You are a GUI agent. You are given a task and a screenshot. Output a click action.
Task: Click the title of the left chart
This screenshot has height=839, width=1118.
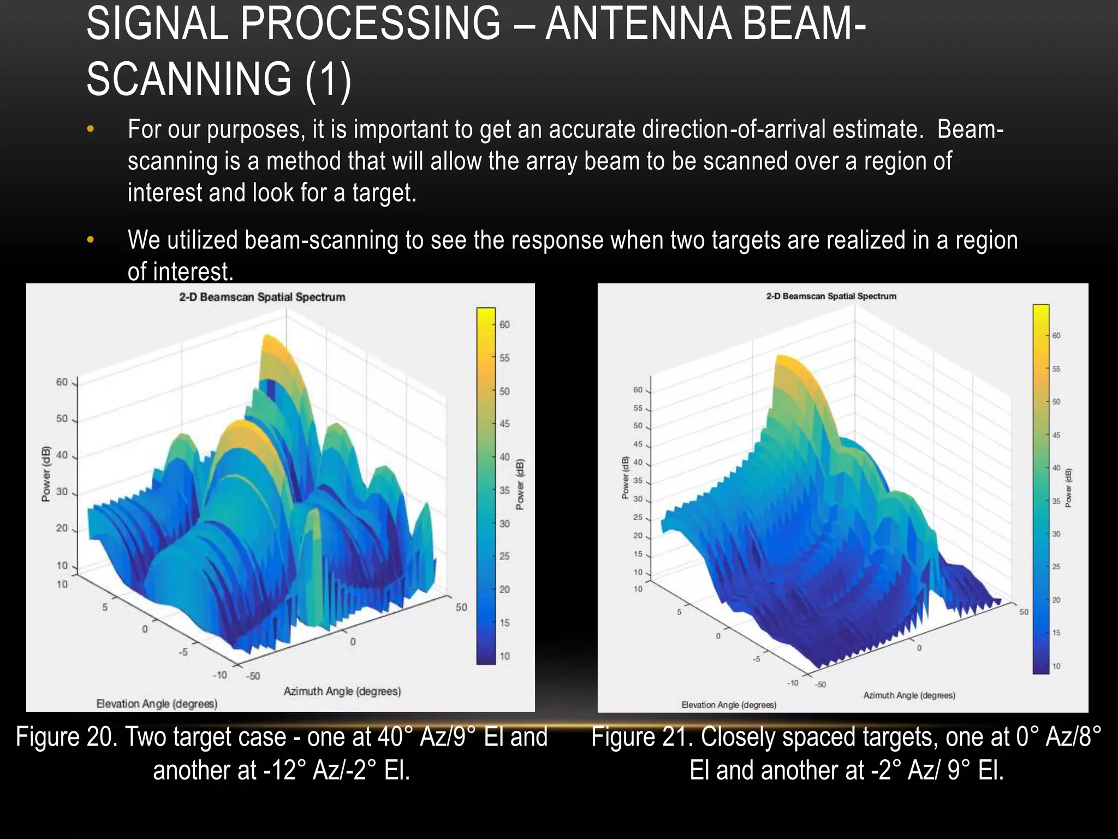click(262, 297)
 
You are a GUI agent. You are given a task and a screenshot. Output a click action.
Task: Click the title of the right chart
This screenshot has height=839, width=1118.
click(831, 296)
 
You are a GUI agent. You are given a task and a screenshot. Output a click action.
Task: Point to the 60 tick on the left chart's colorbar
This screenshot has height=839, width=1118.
click(504, 324)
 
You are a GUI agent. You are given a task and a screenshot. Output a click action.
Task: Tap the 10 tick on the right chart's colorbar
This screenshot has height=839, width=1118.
click(1056, 666)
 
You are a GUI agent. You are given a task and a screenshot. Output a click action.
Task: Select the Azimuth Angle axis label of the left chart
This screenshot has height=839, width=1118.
click(342, 691)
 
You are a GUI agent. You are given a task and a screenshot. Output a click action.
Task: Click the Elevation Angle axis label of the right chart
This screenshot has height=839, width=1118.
click(729, 705)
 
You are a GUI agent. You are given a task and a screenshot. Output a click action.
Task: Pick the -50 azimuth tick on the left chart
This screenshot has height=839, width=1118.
click(253, 676)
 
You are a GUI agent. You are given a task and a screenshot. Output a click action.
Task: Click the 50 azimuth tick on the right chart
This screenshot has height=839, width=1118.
click(1024, 612)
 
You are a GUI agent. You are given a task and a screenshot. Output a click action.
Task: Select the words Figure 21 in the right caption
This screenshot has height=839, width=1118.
click(639, 737)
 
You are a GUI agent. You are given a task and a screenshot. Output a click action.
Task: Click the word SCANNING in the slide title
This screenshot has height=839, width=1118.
click(189, 79)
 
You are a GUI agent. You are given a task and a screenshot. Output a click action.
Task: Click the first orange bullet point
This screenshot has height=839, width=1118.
click(91, 129)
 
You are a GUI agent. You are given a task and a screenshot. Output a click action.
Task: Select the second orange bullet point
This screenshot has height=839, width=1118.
click(91, 240)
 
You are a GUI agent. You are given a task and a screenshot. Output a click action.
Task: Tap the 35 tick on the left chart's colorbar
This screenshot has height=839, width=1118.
click(504, 491)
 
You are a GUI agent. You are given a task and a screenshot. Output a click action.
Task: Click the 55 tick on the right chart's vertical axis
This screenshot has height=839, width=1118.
click(638, 408)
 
